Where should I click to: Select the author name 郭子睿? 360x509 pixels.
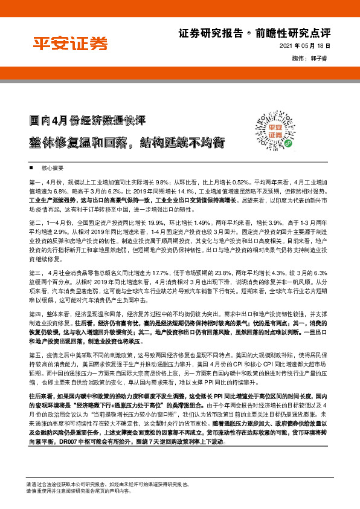(321, 59)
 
